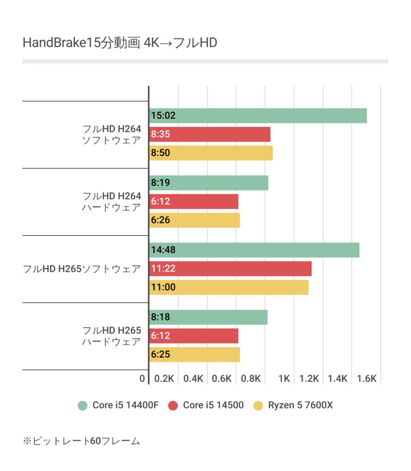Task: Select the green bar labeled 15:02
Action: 258,115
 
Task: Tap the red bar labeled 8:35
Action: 210,134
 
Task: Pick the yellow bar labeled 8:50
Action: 211,153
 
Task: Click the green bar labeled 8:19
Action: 208,183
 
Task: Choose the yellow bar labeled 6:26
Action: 194,220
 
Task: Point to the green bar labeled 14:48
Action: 254,250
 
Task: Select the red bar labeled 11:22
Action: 230,269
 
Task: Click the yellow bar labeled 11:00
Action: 229,287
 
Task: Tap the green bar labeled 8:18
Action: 208,317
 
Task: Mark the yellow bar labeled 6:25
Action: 194,355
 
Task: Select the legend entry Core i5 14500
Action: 206,405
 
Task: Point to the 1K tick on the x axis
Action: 284,379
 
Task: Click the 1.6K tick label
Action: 366,379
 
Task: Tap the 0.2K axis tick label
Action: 164,379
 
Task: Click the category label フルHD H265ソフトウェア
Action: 81,269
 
